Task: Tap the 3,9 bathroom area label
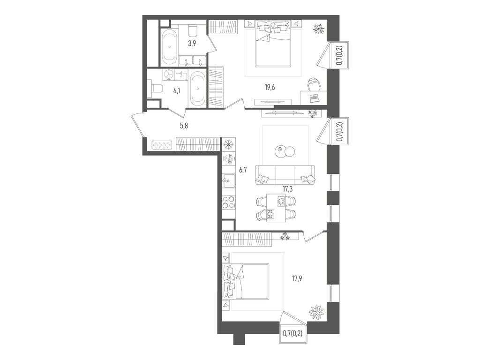click(192, 44)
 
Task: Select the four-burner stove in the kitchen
click(228, 205)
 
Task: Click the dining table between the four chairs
click(276, 208)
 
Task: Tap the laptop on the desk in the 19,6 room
click(314, 97)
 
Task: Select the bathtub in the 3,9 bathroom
click(170, 47)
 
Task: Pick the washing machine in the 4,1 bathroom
click(169, 75)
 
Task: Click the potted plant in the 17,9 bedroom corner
click(315, 312)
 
